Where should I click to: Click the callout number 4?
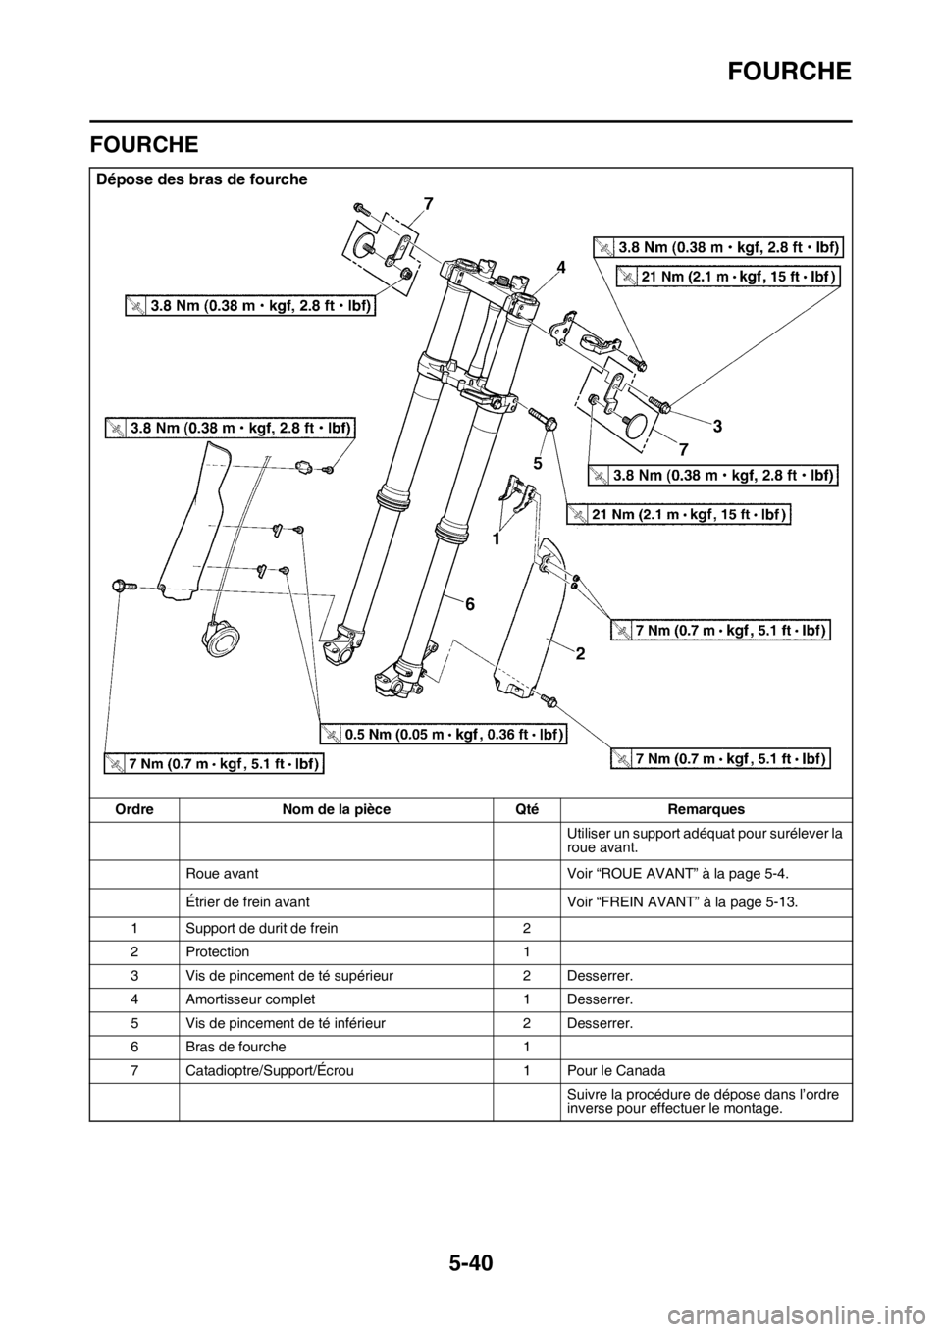(x=560, y=266)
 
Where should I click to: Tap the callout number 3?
(x=717, y=426)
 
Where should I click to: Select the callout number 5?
(x=538, y=459)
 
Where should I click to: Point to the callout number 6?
(x=470, y=605)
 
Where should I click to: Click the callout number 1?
(x=497, y=538)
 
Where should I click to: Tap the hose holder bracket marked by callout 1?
(x=519, y=489)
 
